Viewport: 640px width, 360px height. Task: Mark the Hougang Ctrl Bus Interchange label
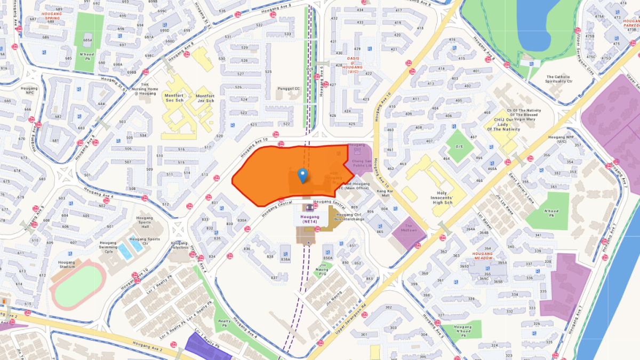tap(349, 217)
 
